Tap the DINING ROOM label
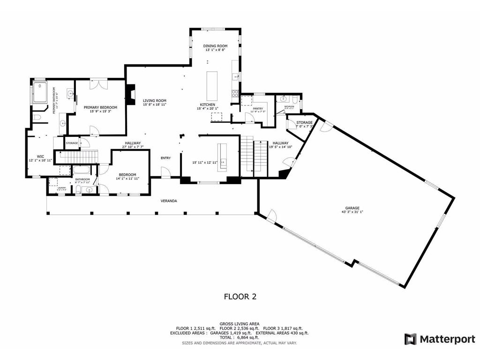click(x=215, y=46)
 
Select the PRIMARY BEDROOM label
click(x=100, y=107)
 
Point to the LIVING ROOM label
click(x=155, y=101)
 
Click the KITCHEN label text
click(x=208, y=105)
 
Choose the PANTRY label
click(x=258, y=108)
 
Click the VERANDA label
click(x=169, y=201)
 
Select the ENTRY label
click(x=166, y=158)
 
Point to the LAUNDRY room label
click(x=61, y=188)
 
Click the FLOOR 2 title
click(x=240, y=296)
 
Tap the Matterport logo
click(x=440, y=339)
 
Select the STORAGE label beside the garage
click(x=304, y=122)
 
